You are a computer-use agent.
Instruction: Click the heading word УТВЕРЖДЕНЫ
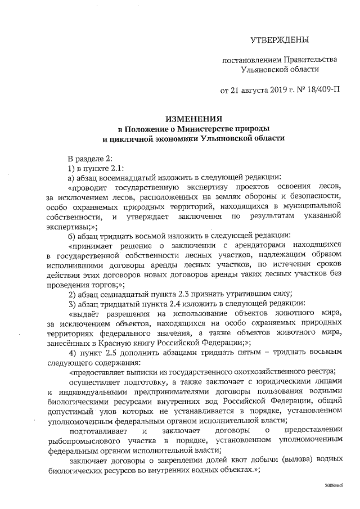[280, 40]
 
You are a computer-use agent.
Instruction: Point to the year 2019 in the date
[274, 90]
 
